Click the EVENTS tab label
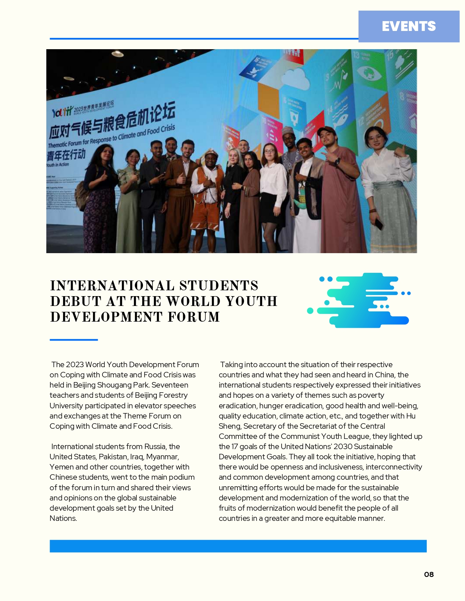click(x=408, y=26)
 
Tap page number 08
click(x=429, y=574)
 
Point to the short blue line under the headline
click(x=74, y=340)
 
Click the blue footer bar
click(x=238, y=546)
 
